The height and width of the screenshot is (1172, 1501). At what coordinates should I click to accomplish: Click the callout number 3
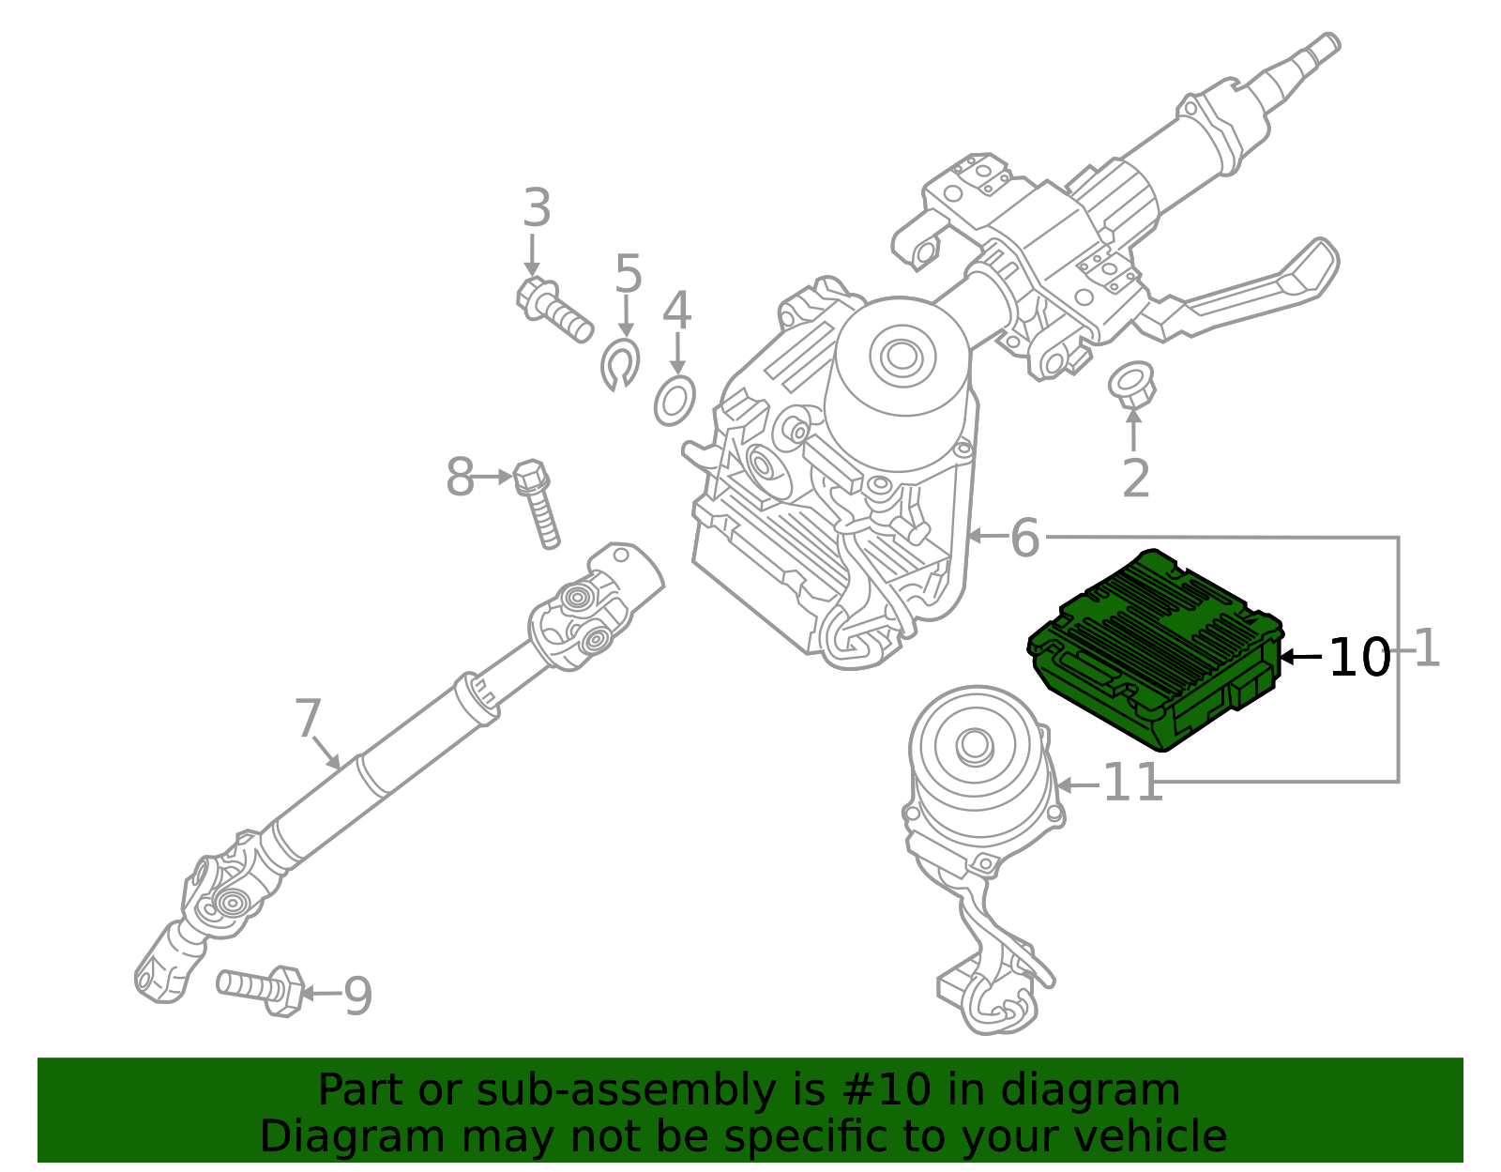point(536,208)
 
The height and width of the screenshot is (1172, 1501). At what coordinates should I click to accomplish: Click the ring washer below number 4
point(675,401)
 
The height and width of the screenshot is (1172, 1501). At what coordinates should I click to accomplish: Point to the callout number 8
point(460,478)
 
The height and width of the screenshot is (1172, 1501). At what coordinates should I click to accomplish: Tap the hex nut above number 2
point(1131,385)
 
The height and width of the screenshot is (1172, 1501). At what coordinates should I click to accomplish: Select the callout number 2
point(1135,479)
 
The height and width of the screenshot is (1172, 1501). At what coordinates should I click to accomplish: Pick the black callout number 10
point(1359,657)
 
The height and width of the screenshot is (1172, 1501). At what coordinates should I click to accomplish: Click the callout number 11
point(1132,784)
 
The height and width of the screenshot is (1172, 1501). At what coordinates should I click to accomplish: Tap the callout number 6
point(1024,538)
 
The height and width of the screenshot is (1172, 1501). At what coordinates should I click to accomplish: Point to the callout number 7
point(308,719)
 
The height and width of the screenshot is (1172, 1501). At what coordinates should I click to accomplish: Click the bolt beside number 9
point(262,988)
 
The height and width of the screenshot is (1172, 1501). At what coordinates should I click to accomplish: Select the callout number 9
point(357,997)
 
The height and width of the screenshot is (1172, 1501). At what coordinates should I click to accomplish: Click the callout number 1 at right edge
point(1426,649)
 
